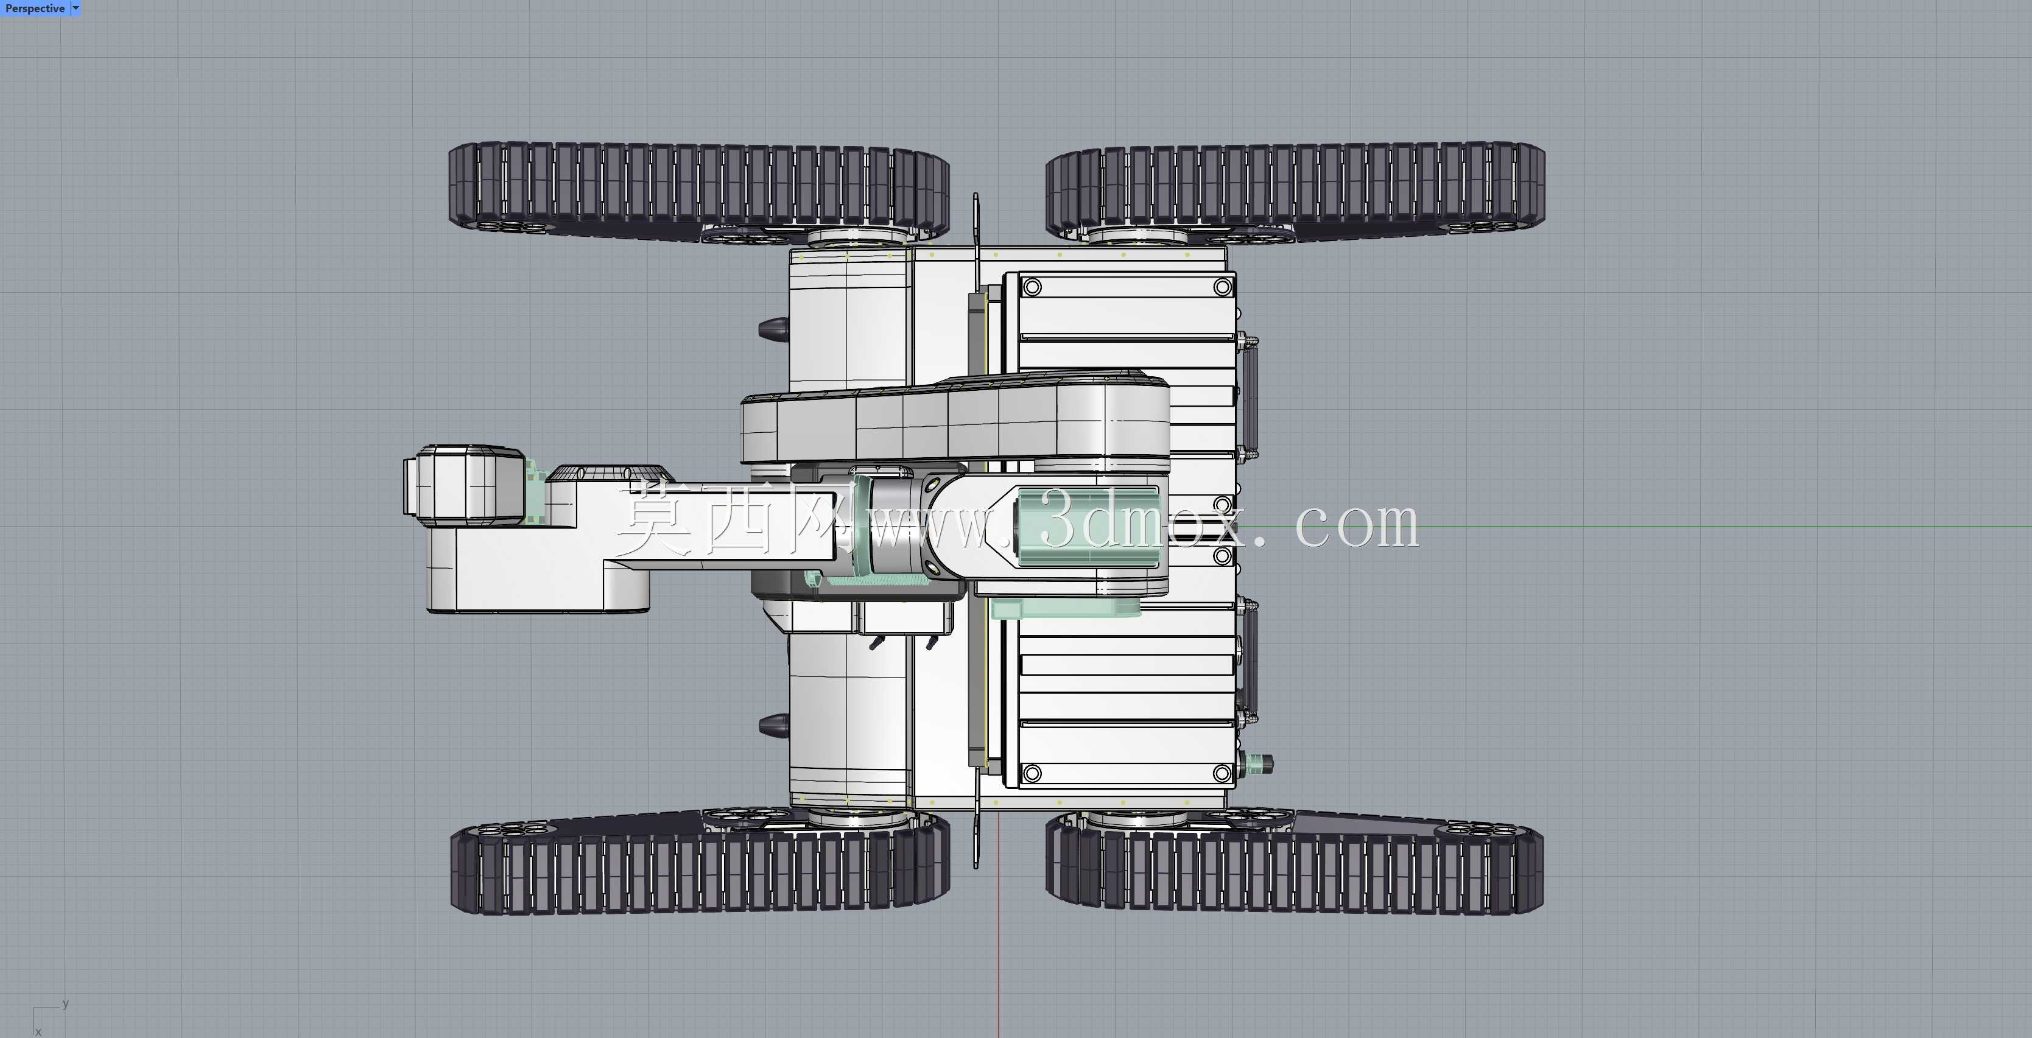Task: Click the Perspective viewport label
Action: (35, 9)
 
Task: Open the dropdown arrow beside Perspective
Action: (76, 8)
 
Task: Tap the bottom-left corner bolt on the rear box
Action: (1032, 773)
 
